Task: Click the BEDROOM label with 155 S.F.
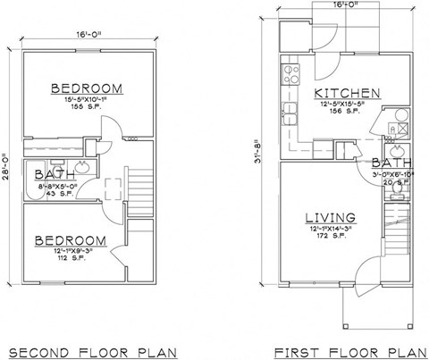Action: tap(86, 89)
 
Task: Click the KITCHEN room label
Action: tap(349, 93)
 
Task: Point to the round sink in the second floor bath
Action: tap(82, 167)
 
